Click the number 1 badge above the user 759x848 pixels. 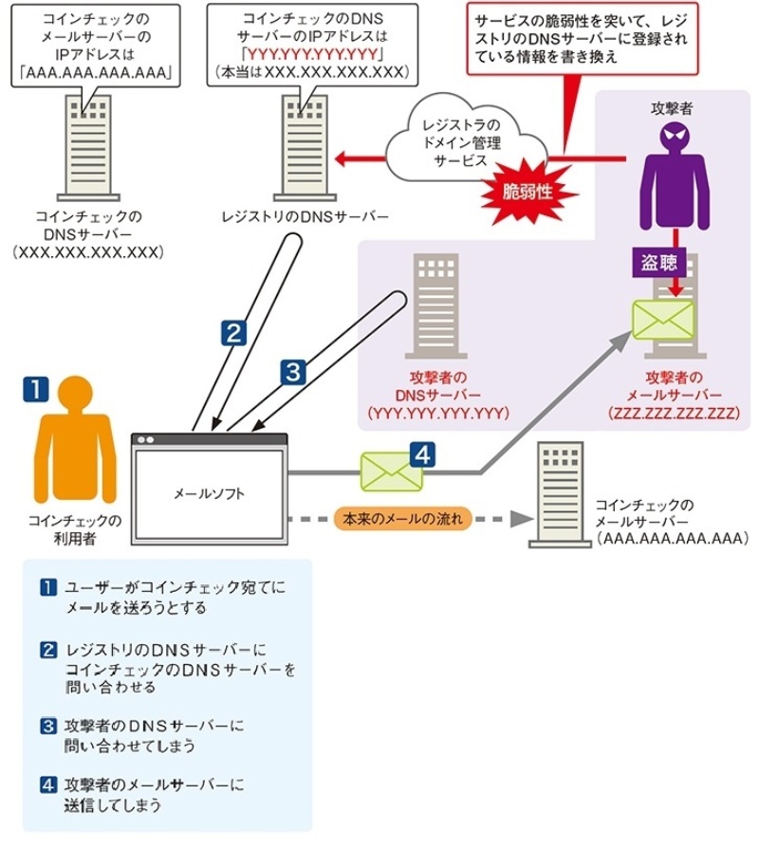pyautogui.click(x=35, y=387)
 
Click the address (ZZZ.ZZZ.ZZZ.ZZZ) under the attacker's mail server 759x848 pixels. pyautogui.click(x=675, y=414)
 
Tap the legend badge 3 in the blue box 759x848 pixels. pyautogui.click(x=49, y=728)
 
